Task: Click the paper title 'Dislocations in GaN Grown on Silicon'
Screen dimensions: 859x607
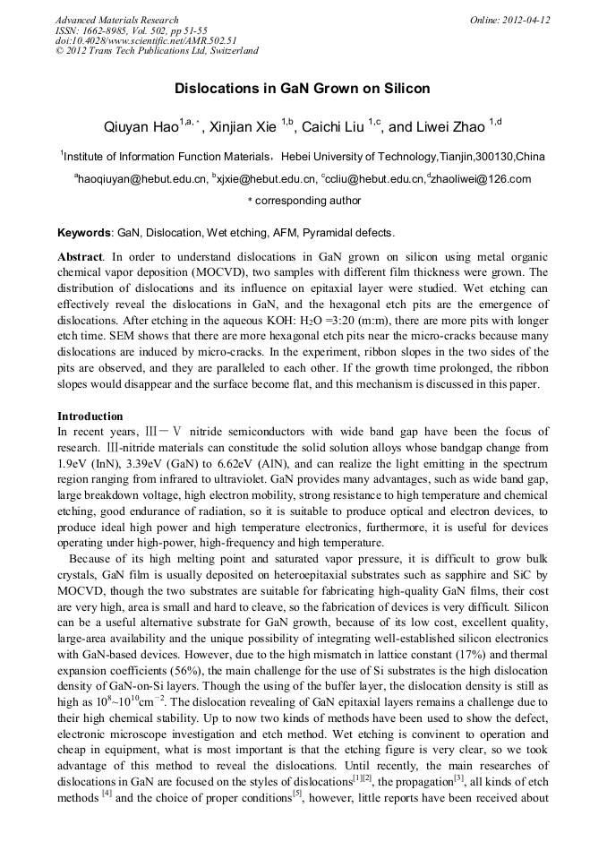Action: click(x=303, y=89)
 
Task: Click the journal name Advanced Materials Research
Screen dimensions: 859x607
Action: click(x=116, y=20)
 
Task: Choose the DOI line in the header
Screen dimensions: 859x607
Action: click(x=146, y=40)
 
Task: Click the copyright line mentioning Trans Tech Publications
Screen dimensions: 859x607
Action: click(x=157, y=51)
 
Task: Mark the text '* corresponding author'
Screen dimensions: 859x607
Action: click(x=303, y=201)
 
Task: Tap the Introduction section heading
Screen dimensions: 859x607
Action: click(x=90, y=417)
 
